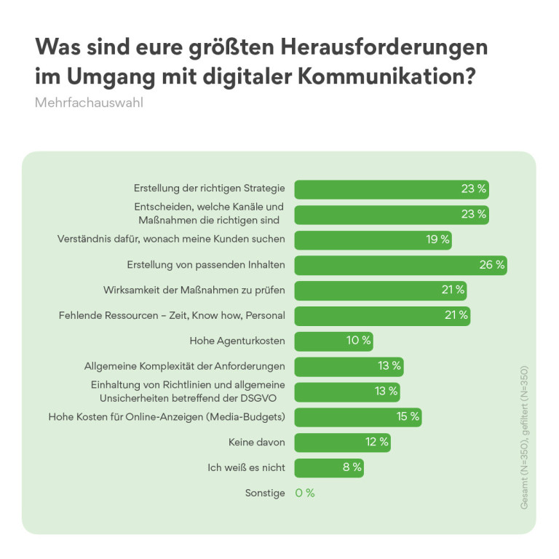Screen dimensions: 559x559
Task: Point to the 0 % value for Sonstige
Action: point(305,493)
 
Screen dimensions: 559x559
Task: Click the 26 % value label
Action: point(491,265)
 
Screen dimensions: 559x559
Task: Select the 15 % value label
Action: point(408,417)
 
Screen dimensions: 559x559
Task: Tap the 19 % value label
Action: point(437,239)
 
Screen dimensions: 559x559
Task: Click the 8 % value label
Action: point(352,467)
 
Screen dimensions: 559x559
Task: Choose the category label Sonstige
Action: point(265,493)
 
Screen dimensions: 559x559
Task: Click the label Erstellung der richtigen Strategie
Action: point(210,189)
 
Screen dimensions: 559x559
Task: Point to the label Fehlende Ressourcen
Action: point(171,315)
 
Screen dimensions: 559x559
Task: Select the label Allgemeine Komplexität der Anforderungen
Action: point(185,366)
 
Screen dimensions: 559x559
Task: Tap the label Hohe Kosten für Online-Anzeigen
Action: point(167,417)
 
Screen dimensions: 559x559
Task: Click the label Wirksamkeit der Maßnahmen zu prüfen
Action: point(194,290)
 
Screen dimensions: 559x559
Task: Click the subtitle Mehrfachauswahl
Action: point(89,103)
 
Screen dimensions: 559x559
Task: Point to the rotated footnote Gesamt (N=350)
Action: point(524,466)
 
